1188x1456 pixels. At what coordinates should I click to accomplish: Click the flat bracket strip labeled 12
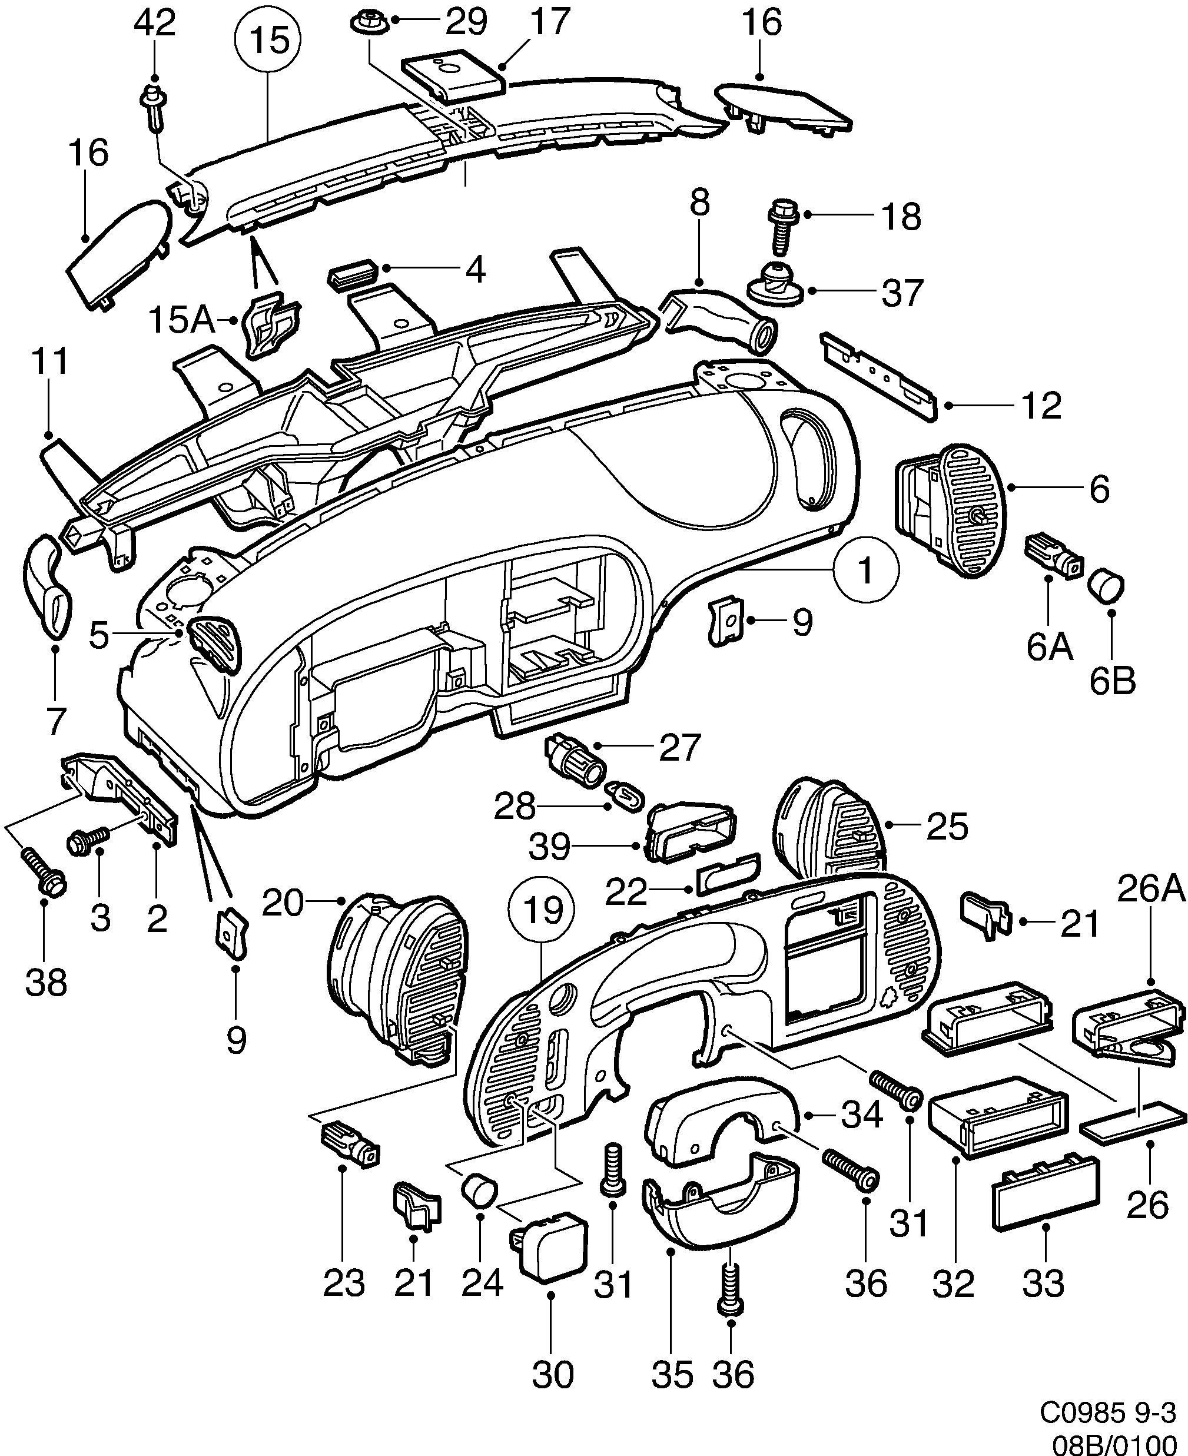click(x=880, y=377)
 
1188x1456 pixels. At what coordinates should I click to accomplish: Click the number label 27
click(x=679, y=748)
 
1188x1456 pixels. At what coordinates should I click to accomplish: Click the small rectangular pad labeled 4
click(x=353, y=273)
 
